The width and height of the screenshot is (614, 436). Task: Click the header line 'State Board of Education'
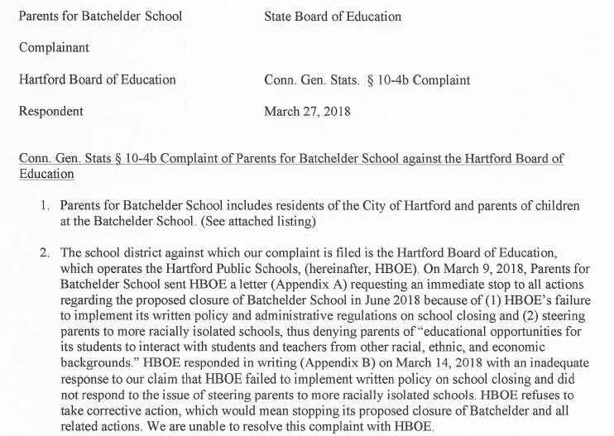(332, 17)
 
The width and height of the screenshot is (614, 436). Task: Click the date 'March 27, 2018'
(305, 111)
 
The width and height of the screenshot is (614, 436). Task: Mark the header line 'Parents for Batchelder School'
(100, 17)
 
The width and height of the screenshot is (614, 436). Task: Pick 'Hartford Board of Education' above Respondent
(97, 80)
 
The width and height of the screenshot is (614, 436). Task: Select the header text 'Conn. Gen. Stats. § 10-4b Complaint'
(367, 80)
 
